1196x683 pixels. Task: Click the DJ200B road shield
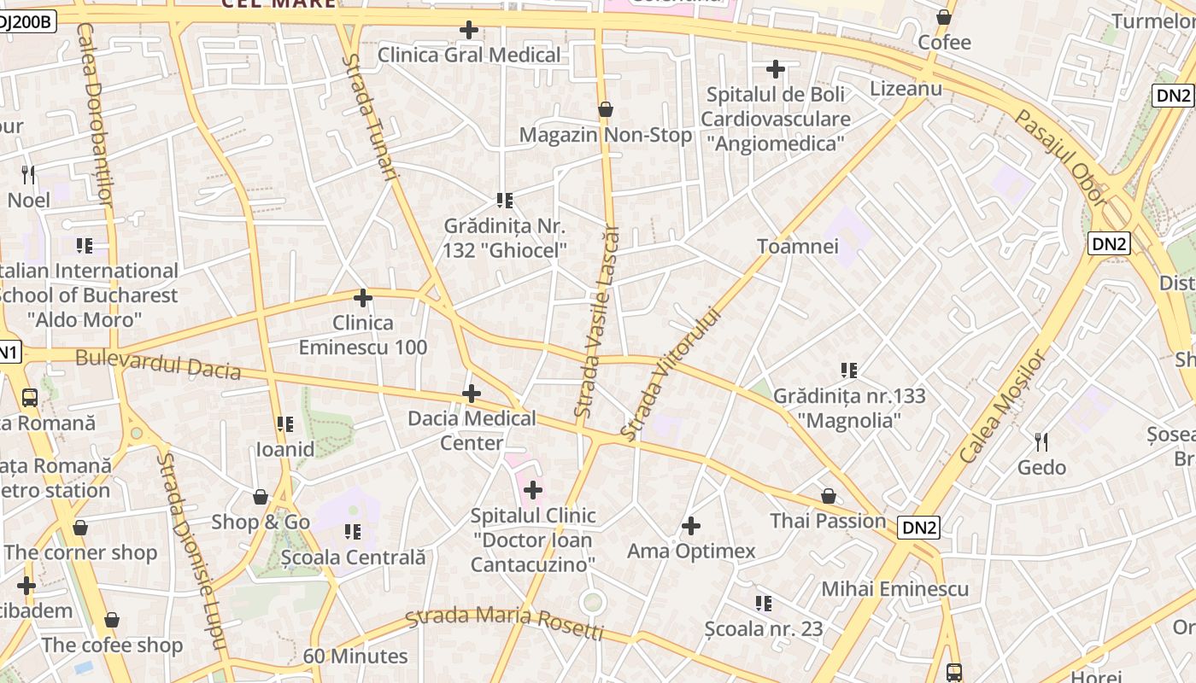pyautogui.click(x=26, y=22)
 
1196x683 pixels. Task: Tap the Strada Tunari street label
pyautogui.click(x=370, y=117)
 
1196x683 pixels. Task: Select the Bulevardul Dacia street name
pyautogui.click(x=158, y=364)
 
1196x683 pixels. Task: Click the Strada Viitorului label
pyautogui.click(x=670, y=374)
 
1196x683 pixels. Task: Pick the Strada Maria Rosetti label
pyautogui.click(x=504, y=622)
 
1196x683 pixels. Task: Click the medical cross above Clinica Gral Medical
pyautogui.click(x=468, y=30)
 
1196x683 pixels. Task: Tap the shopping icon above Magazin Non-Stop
pyautogui.click(x=606, y=109)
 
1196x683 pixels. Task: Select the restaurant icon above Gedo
pyautogui.click(x=1041, y=441)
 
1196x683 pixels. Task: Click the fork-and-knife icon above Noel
pyautogui.click(x=29, y=175)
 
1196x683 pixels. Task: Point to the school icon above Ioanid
pyautogui.click(x=285, y=423)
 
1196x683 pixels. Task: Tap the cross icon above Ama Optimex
pyautogui.click(x=691, y=526)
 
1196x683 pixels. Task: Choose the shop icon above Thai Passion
pyautogui.click(x=828, y=496)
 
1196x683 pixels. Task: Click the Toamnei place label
pyautogui.click(x=798, y=247)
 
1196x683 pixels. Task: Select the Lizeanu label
pyautogui.click(x=906, y=89)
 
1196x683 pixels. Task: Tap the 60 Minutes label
pyautogui.click(x=355, y=657)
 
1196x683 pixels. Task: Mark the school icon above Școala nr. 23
pyautogui.click(x=764, y=604)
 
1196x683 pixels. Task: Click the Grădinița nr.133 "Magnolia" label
pyautogui.click(x=849, y=408)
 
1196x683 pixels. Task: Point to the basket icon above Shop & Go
pyautogui.click(x=261, y=497)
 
